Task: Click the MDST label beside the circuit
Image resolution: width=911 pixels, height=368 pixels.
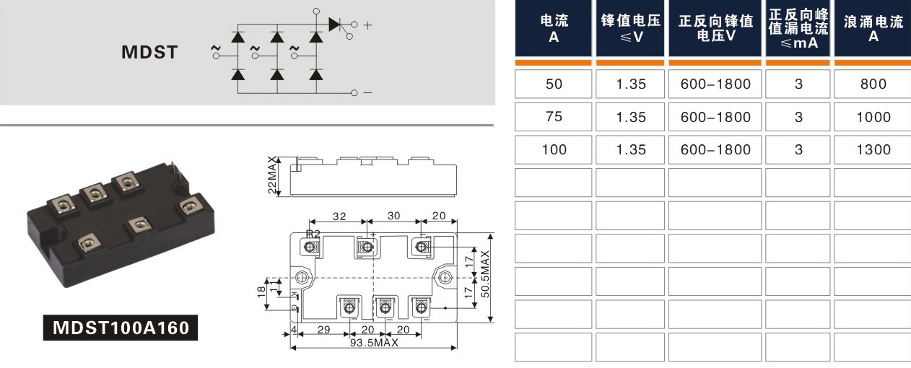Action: [149, 52]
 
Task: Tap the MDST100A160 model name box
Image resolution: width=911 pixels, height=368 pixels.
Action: [121, 328]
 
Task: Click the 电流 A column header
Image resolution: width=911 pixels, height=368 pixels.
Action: [553, 28]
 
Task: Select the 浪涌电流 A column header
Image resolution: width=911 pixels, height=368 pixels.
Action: [873, 28]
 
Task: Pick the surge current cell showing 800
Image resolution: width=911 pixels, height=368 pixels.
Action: [873, 84]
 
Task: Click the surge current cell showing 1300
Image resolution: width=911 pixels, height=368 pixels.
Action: [873, 149]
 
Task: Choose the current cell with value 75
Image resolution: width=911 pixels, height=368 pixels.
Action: [553, 117]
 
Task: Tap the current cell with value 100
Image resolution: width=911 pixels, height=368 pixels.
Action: [553, 149]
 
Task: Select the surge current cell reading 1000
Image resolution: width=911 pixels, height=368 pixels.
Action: [873, 117]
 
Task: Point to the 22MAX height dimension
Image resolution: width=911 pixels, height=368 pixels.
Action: [272, 175]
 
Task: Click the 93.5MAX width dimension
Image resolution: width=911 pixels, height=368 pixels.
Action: [374, 343]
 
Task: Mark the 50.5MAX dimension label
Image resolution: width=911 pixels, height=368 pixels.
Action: [485, 273]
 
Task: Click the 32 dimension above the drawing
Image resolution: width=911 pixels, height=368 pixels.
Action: [339, 216]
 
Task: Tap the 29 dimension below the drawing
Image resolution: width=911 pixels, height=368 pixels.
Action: [323, 329]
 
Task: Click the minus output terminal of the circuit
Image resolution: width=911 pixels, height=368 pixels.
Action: [354, 92]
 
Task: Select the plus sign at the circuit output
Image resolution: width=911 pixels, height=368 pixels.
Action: [367, 25]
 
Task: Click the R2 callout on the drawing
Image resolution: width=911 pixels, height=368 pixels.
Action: [313, 234]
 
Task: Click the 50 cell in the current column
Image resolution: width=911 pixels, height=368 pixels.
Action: [553, 84]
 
